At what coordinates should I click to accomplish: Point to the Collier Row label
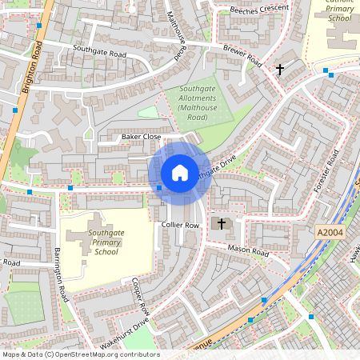click(x=179, y=226)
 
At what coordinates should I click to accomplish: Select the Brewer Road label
click(x=242, y=55)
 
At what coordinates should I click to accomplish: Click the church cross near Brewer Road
click(x=280, y=70)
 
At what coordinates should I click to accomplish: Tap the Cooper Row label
click(x=140, y=297)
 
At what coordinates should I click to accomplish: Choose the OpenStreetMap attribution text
click(x=80, y=354)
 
